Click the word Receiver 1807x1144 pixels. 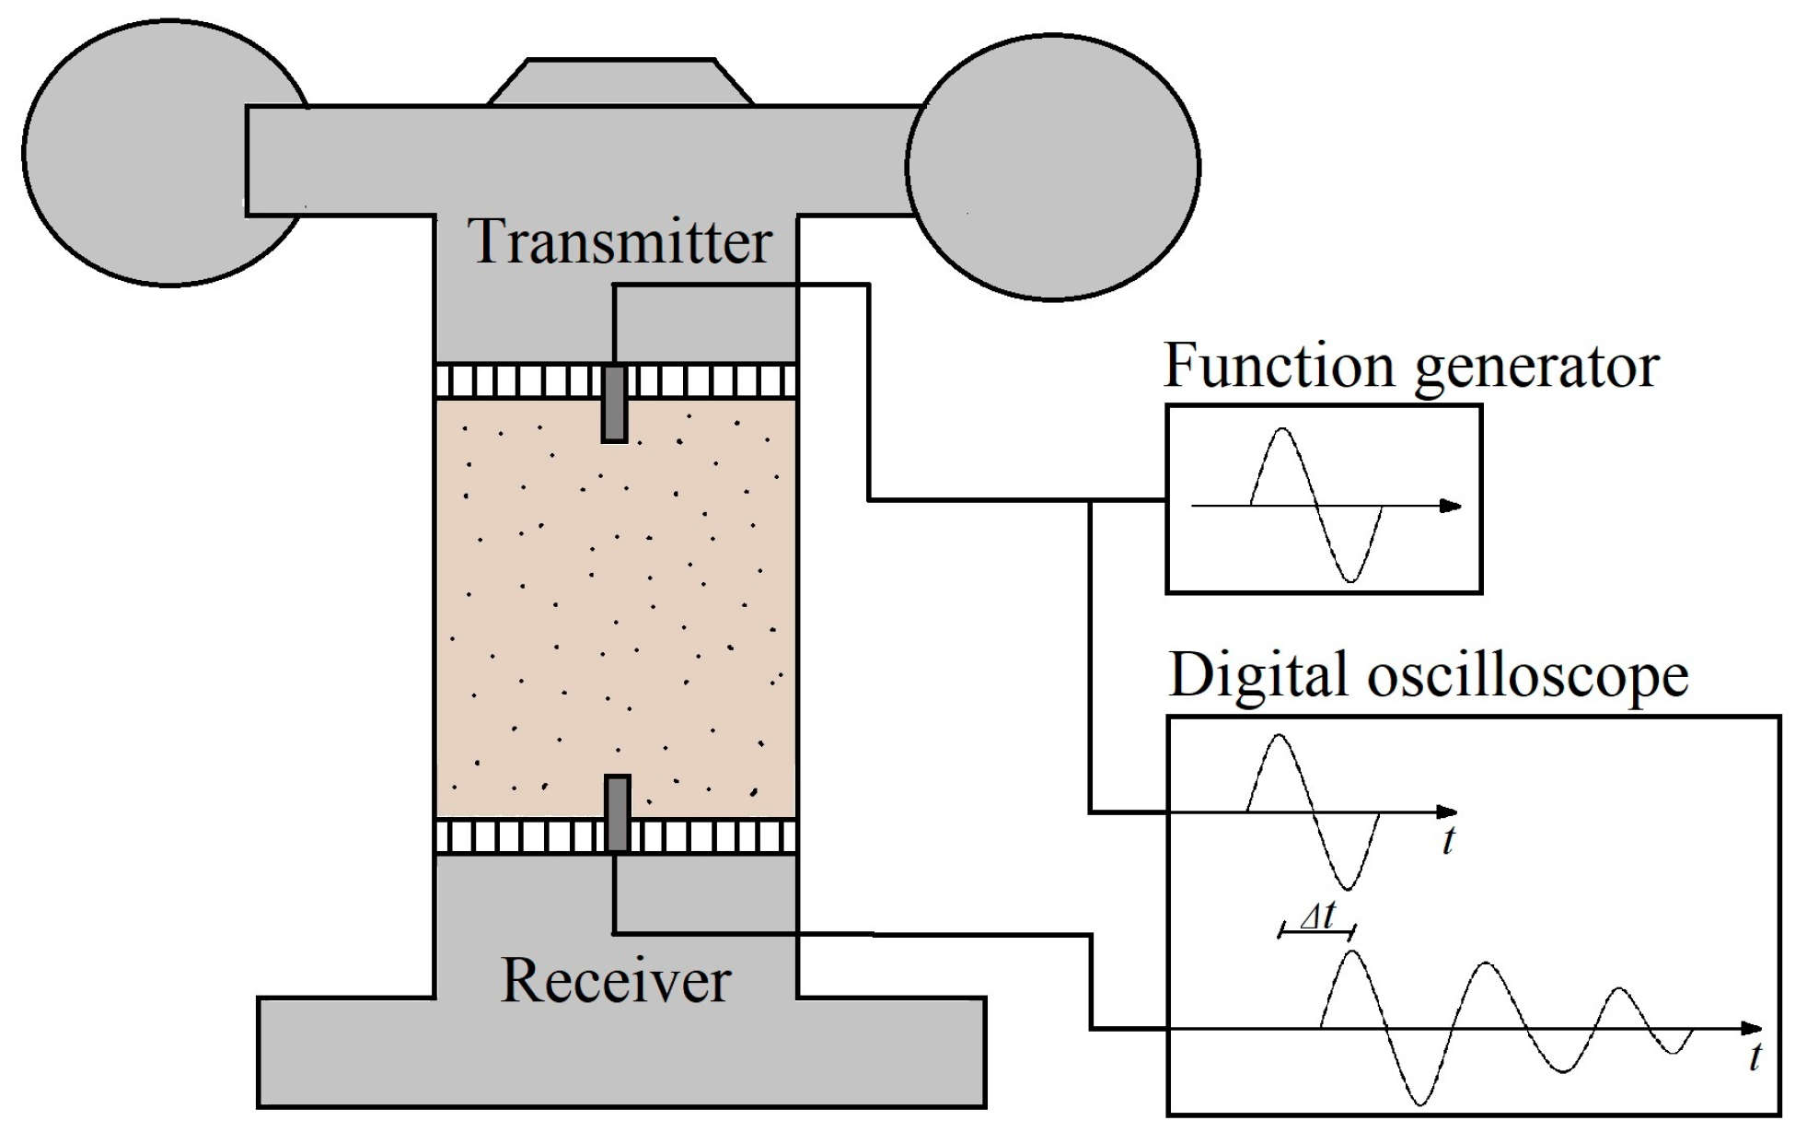click(x=615, y=980)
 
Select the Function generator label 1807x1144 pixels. click(x=1410, y=367)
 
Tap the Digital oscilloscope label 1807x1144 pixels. click(x=1428, y=675)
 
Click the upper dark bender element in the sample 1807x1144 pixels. click(x=614, y=403)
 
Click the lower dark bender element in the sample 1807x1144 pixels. click(x=617, y=813)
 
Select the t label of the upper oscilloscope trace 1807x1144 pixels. click(x=1448, y=840)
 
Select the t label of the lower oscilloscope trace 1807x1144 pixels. click(x=1755, y=1057)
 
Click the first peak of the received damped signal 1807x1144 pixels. click(x=1351, y=952)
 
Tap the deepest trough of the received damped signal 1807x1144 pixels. click(x=1420, y=1103)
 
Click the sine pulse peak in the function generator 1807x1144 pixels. click(x=1281, y=430)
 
